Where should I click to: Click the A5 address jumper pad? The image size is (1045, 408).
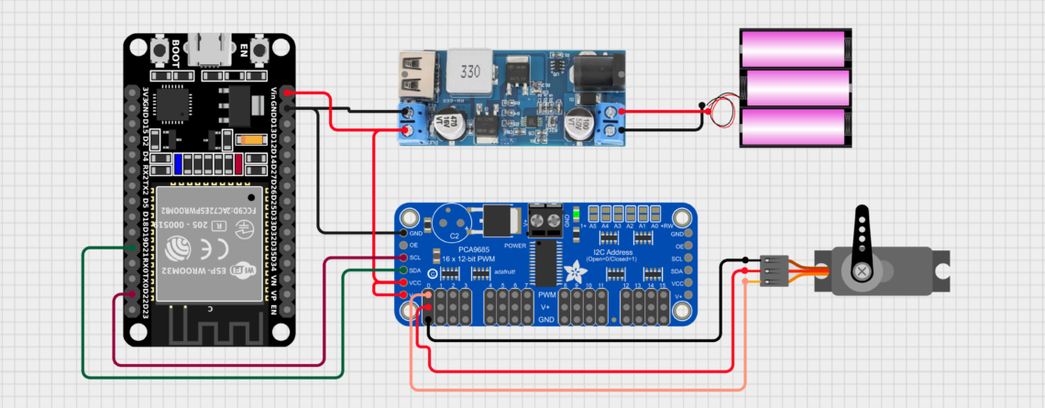(593, 211)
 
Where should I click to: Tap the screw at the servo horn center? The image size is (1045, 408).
(863, 271)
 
